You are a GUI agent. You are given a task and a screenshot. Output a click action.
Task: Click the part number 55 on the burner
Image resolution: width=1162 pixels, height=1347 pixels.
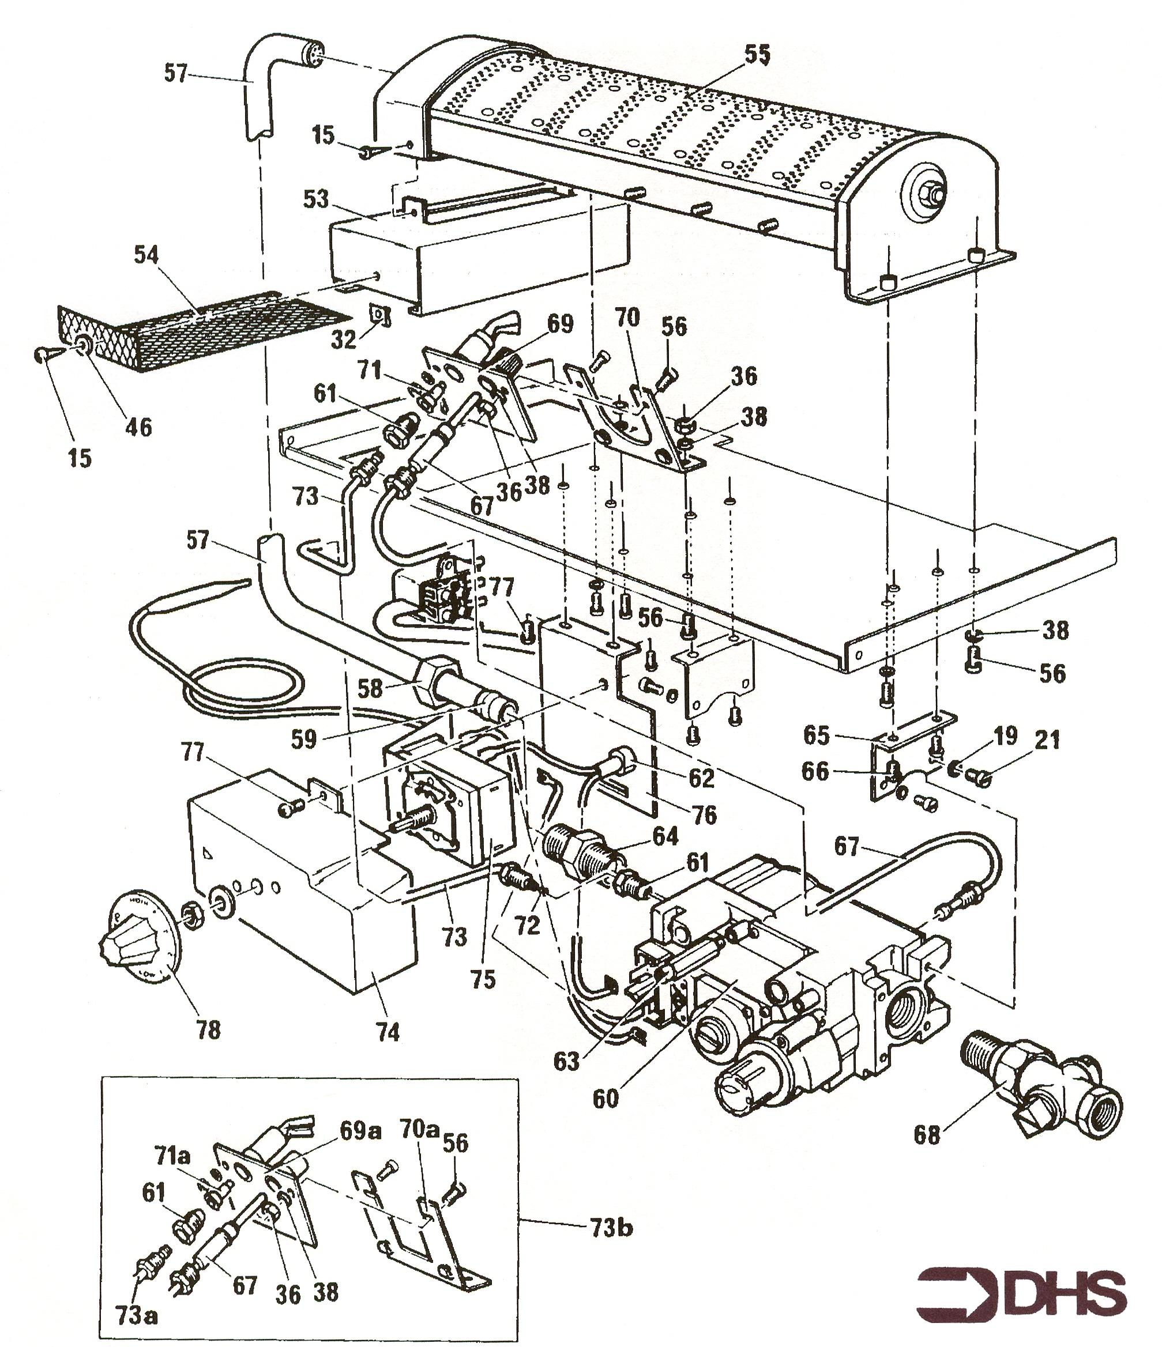[757, 56]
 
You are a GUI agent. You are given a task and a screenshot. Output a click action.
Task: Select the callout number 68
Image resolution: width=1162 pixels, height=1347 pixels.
[927, 1135]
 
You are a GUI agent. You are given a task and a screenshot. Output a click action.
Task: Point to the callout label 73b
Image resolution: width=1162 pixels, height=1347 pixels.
[612, 1228]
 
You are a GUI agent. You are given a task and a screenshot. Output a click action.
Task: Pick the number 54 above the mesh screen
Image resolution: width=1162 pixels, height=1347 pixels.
[146, 254]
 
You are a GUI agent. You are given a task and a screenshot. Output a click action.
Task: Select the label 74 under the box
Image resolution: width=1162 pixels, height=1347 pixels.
[388, 1032]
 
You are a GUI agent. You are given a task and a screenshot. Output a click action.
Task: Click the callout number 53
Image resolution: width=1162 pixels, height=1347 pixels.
[316, 199]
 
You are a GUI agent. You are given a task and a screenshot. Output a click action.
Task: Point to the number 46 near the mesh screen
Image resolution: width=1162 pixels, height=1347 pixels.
[138, 427]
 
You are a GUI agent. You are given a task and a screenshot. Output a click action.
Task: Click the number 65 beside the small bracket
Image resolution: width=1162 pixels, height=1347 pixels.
[817, 735]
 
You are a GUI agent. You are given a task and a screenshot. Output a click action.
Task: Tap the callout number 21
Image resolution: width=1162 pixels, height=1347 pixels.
[1046, 741]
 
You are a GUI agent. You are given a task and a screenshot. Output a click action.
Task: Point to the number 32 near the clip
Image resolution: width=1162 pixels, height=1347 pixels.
[344, 339]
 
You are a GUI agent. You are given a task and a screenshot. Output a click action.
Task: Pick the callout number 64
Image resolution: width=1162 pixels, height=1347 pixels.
[665, 836]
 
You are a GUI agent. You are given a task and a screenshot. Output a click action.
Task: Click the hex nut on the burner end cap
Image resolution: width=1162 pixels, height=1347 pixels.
[931, 193]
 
